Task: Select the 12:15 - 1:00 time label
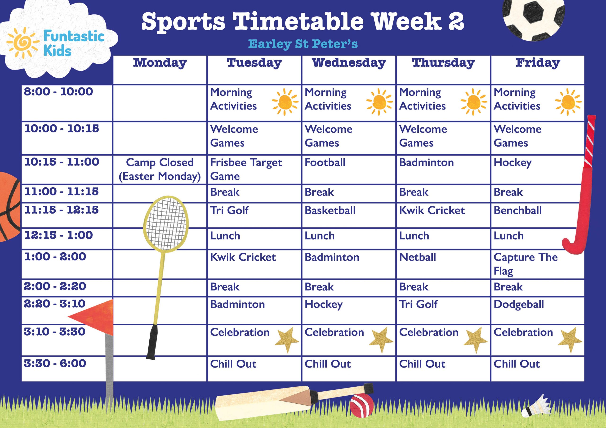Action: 59,235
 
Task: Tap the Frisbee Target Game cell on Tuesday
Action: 246,169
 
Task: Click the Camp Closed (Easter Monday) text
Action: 160,169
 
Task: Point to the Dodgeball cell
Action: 519,305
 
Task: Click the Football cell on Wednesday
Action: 325,162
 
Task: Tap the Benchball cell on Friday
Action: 517,210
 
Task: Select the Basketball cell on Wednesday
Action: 330,210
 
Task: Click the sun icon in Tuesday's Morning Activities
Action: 285,102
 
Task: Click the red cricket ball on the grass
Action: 361,406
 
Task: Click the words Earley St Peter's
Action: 303,44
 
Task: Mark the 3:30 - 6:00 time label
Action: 55,363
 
